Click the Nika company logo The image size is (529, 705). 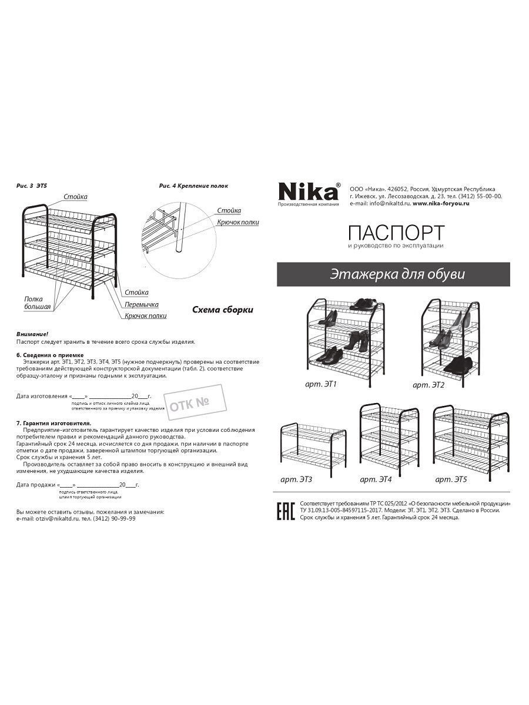(309, 192)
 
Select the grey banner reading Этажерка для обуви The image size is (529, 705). (393, 274)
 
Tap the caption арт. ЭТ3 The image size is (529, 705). (296, 480)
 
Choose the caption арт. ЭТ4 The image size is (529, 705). (376, 479)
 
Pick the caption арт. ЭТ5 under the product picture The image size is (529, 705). (451, 479)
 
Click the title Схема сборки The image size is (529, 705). (223, 310)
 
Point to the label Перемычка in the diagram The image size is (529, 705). (142, 304)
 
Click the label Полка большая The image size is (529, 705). (38, 303)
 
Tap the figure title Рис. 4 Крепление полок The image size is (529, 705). (193, 186)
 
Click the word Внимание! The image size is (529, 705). (32, 333)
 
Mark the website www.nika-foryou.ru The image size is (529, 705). (440, 203)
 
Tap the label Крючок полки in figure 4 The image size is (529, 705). (237, 222)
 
